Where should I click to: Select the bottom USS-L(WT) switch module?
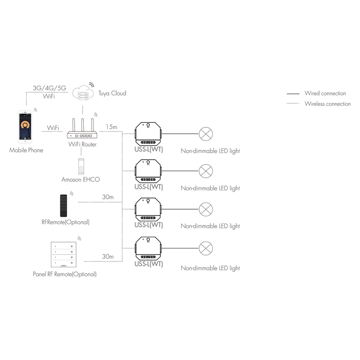pos(148,248)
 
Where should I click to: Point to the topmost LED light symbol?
pos(206,134)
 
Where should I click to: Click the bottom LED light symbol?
pos(206,248)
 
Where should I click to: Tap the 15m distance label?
pos(112,127)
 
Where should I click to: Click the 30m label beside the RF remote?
pos(108,197)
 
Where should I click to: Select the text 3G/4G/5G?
pos(49,88)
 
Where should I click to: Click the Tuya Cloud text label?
pos(112,94)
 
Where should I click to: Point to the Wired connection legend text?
pos(325,94)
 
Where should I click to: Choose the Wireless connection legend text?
pos(327,104)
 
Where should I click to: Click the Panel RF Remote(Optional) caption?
pos(65,274)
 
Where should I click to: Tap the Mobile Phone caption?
pos(27,150)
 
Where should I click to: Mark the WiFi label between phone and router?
pos(53,128)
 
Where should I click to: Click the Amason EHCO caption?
pos(81,180)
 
